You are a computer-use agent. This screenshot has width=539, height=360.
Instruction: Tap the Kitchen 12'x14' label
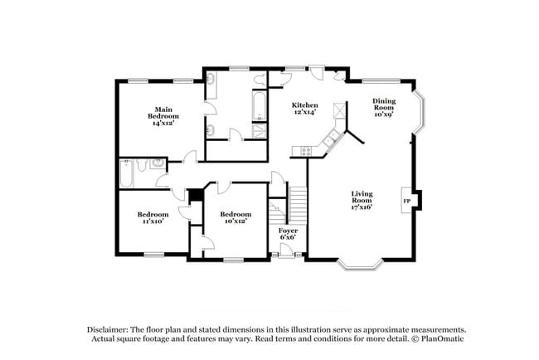tap(304, 109)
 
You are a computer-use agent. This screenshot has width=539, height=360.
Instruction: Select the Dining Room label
tap(383, 107)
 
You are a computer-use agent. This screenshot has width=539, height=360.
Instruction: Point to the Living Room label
tap(361, 200)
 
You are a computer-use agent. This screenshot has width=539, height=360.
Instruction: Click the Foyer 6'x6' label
tap(288, 234)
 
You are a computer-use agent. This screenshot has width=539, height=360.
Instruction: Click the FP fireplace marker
tap(406, 202)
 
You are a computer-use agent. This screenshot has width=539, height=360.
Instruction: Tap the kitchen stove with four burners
tap(306, 150)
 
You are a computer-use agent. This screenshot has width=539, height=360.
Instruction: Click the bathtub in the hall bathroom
tap(127, 174)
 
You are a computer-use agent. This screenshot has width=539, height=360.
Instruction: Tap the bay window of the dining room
tap(423, 115)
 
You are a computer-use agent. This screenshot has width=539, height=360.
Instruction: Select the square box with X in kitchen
tap(337, 109)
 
